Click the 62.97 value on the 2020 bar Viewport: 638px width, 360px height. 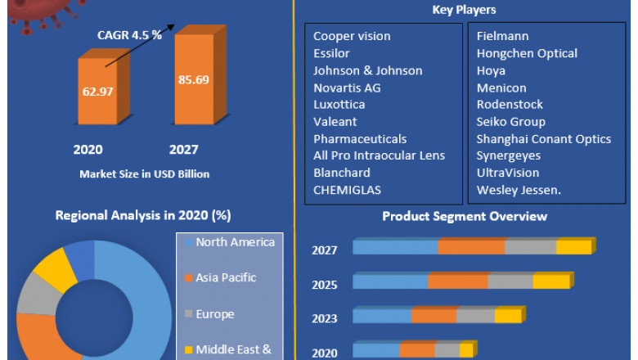(97, 92)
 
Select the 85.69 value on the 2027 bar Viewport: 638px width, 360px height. (192, 80)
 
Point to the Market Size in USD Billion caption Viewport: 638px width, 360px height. (144, 173)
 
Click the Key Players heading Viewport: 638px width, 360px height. (464, 10)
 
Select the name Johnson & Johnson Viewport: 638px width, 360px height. (368, 70)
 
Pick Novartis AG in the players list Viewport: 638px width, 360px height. (347, 88)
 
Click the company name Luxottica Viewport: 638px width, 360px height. (339, 105)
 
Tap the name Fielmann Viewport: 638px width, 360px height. (502, 36)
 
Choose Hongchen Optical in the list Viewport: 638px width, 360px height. (527, 53)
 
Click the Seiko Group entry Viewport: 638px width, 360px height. (510, 122)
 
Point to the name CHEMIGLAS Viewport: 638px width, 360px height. (347, 190)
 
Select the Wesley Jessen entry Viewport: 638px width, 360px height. (517, 190)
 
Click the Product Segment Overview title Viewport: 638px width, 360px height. (465, 217)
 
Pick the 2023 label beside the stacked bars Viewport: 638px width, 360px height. (324, 318)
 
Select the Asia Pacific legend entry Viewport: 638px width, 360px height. (225, 277)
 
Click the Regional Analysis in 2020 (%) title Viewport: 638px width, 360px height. (143, 216)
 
